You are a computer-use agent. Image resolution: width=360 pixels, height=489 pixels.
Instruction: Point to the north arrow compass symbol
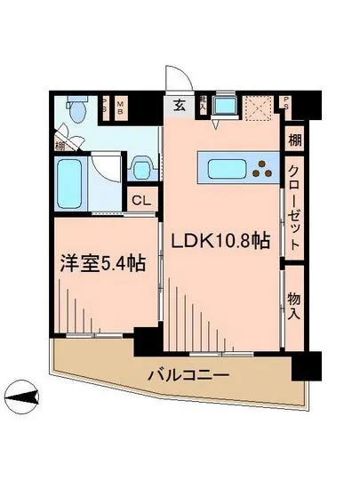(22, 392)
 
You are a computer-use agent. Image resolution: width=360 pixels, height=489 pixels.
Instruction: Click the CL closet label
(141, 201)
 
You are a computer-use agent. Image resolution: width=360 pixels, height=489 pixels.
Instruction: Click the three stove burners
(264, 166)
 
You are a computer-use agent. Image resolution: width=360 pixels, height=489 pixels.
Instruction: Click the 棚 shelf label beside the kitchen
(295, 140)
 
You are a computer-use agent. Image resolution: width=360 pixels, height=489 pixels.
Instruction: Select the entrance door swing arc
(175, 79)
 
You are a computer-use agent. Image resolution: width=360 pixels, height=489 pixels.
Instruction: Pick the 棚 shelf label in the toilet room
(59, 142)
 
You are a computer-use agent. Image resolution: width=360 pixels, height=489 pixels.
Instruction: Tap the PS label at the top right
(287, 102)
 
